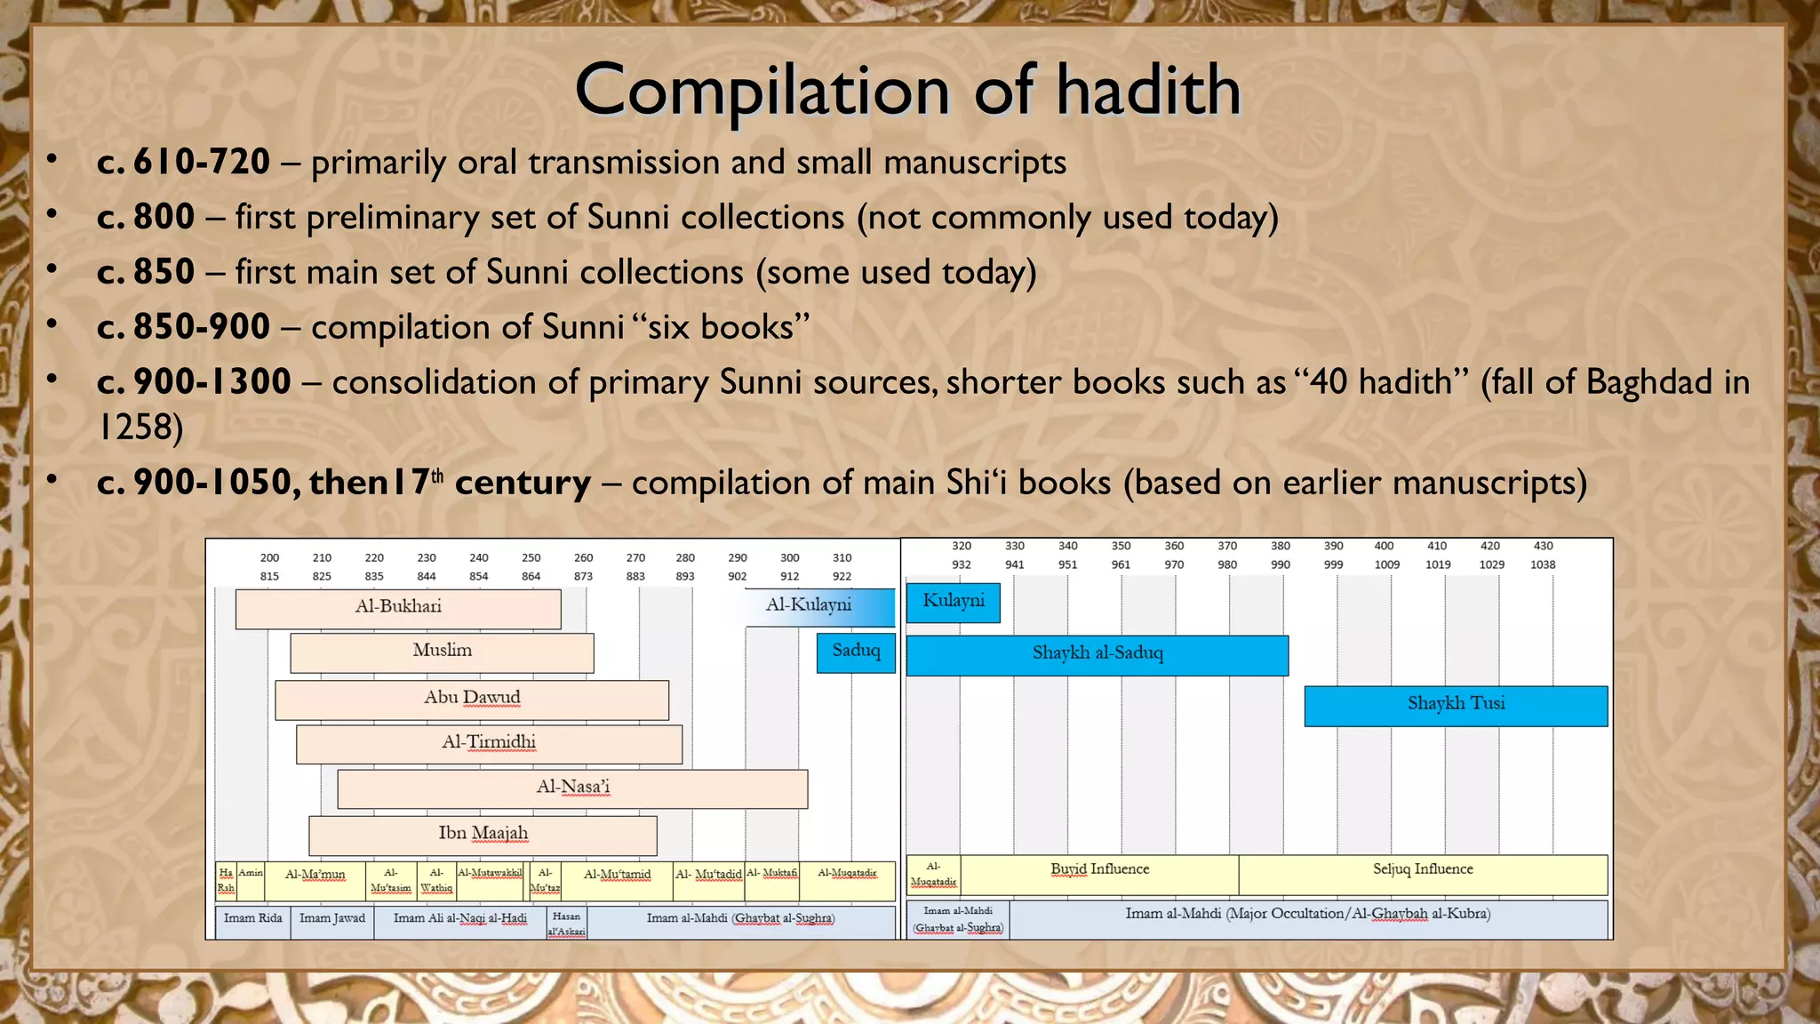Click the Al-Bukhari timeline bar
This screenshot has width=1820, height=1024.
pos(398,609)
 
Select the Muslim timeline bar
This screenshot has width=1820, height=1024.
pos(442,652)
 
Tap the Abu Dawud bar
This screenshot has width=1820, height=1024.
pos(472,700)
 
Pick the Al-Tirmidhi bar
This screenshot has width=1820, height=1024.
pos(489,744)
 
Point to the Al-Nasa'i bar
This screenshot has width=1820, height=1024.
pos(572,788)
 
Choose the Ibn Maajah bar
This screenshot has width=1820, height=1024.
pos(483,836)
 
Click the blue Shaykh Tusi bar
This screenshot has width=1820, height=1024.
pos(1456,706)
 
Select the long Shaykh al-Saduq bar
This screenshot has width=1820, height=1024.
pos(1097,655)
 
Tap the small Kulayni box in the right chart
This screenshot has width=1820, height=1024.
pos(953,602)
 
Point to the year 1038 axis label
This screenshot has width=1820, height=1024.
pos(1543,564)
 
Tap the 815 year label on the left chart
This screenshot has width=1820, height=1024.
pos(269,576)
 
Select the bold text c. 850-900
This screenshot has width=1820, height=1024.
pos(183,327)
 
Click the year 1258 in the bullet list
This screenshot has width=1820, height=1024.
pos(140,428)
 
